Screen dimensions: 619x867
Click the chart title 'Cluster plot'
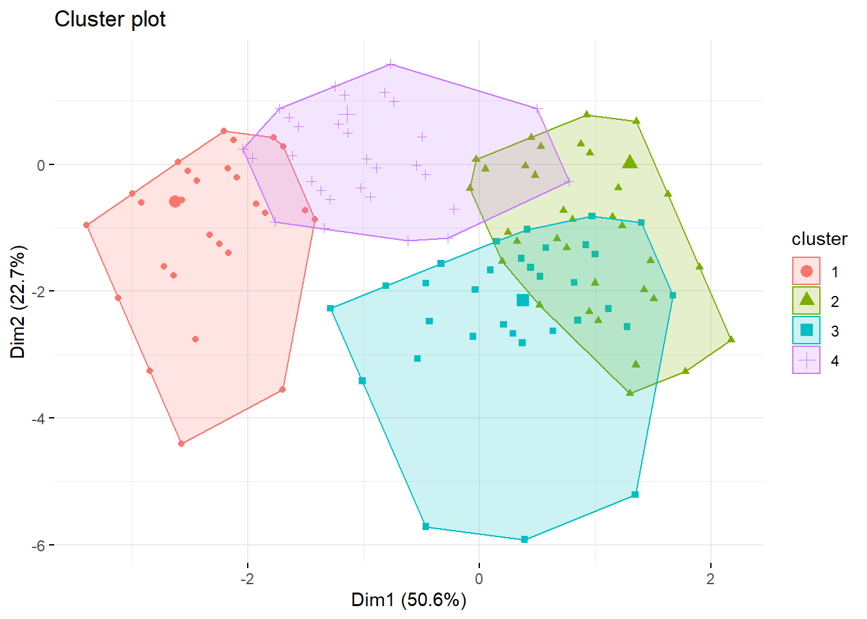pos(110,19)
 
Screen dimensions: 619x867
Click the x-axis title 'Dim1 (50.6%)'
pos(408,600)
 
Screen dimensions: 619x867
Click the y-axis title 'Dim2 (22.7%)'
pos(18,302)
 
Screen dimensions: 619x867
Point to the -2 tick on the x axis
pos(247,578)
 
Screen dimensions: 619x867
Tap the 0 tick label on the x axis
pos(479,578)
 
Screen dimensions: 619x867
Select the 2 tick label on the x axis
pos(710,578)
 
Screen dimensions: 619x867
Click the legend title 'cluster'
pos(819,239)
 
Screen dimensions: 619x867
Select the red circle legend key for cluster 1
pos(806,271)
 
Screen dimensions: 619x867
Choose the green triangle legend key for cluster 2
pos(806,300)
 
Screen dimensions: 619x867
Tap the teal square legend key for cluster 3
pos(806,330)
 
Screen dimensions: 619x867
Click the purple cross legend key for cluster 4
pos(806,360)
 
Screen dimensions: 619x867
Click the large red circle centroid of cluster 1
pos(175,202)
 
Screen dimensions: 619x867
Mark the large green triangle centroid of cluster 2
pos(630,162)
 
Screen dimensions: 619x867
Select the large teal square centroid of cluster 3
pos(523,300)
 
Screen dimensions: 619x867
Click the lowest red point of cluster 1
pos(181,444)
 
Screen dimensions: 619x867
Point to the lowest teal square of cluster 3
pos(524,539)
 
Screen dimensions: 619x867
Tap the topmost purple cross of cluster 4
pos(390,64)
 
